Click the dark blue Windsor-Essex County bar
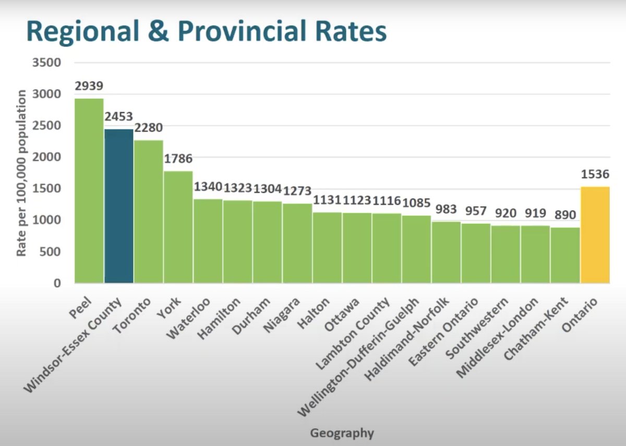119,206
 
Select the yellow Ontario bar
595,234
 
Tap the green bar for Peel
89,191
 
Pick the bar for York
178,227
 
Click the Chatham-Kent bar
565,255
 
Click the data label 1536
595,175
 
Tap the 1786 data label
178,159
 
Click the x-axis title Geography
342,433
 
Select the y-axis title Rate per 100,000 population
22,173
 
